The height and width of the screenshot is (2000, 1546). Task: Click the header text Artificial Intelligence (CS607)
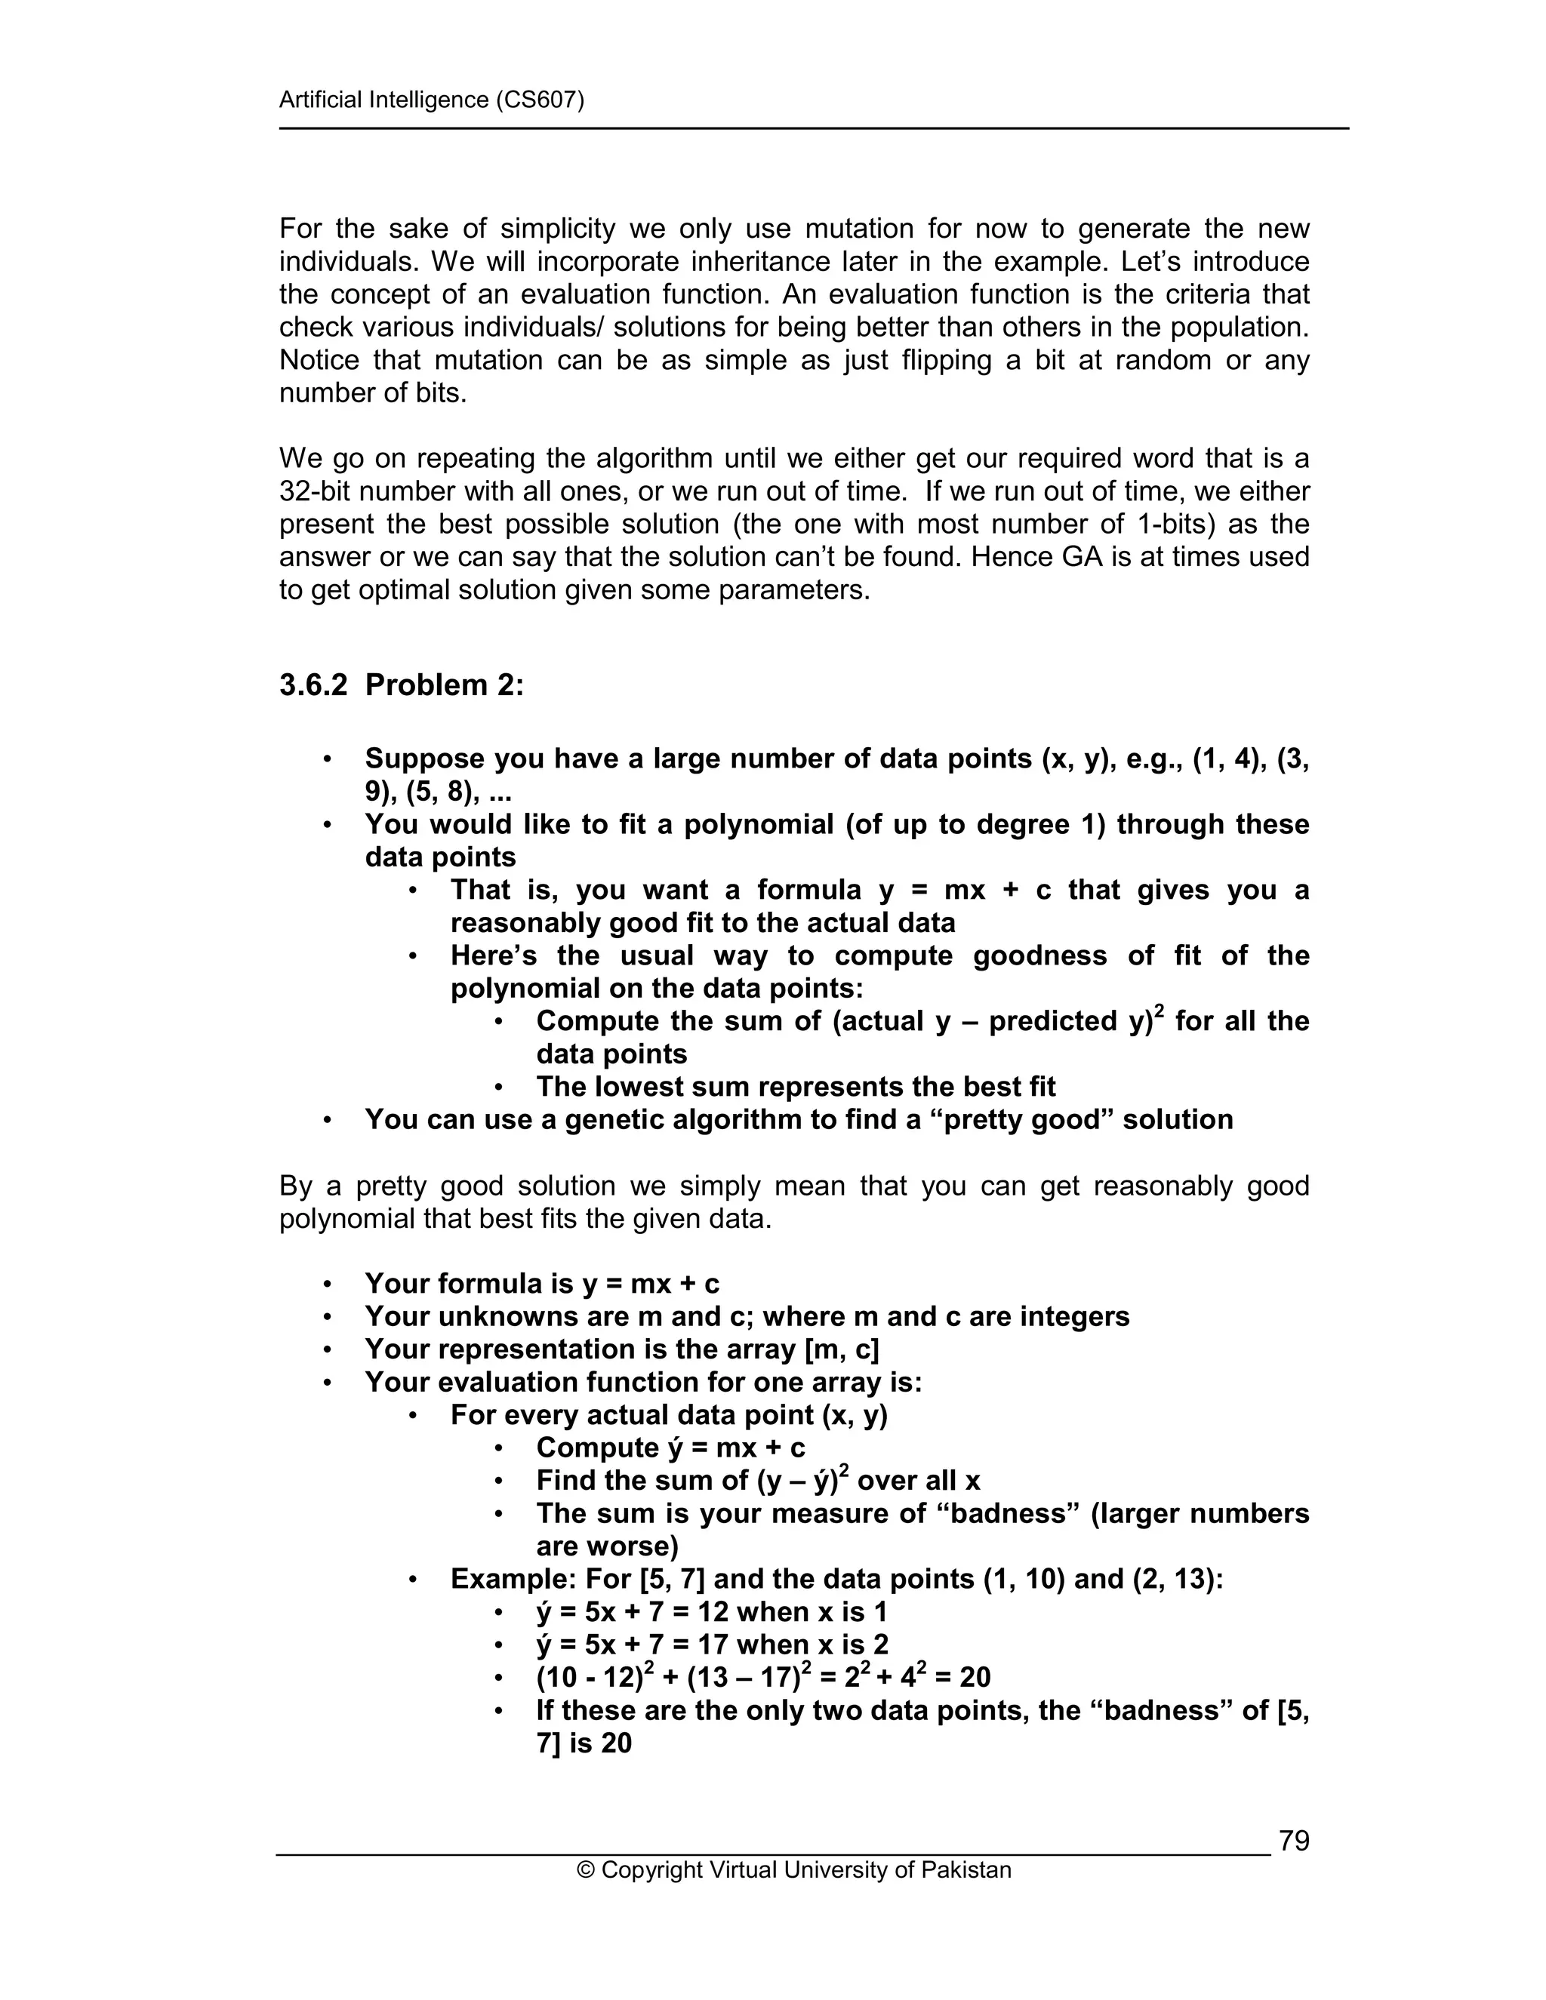click(x=431, y=100)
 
